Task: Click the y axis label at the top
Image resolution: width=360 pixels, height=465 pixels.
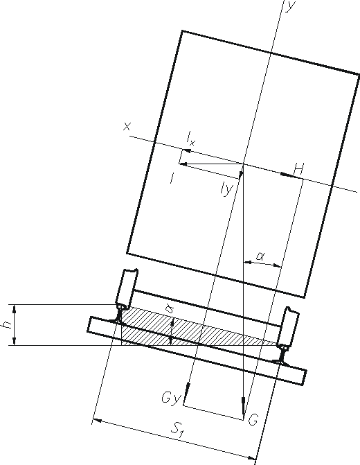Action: pos(290,6)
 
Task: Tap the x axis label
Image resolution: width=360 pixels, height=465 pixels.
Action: pos(127,127)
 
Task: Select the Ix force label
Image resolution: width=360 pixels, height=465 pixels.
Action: pos(191,139)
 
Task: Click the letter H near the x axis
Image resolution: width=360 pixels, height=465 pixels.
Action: pos(298,169)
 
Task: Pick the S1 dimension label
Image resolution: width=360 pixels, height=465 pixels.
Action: pos(179,429)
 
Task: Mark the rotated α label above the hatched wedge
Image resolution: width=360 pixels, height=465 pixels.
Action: pos(170,309)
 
